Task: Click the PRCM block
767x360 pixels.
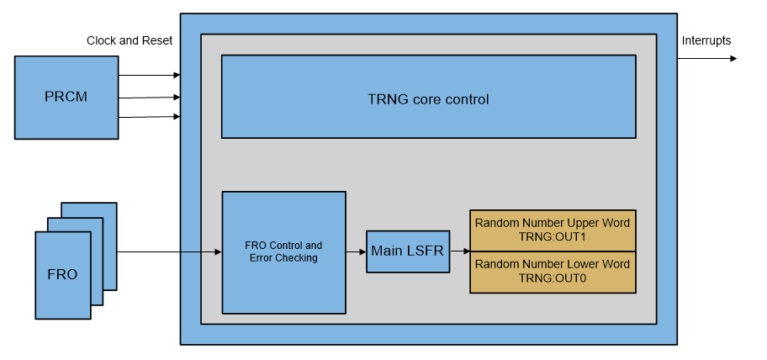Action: (66, 97)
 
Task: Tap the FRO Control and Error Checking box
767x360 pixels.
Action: (283, 252)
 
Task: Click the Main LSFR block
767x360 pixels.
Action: (407, 251)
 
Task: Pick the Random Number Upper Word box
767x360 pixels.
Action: (552, 230)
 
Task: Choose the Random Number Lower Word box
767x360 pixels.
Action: (552, 272)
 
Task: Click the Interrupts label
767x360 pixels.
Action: (706, 40)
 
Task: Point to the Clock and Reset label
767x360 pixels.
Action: (130, 40)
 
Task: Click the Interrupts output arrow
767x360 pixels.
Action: (706, 59)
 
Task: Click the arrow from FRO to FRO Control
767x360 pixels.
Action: (168, 251)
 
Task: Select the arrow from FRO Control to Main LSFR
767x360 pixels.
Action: (356, 251)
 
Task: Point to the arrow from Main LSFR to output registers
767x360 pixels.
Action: (459, 251)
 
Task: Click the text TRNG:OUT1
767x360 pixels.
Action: (552, 237)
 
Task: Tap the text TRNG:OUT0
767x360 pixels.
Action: (552, 278)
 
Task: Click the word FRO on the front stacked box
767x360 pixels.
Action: (62, 275)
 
